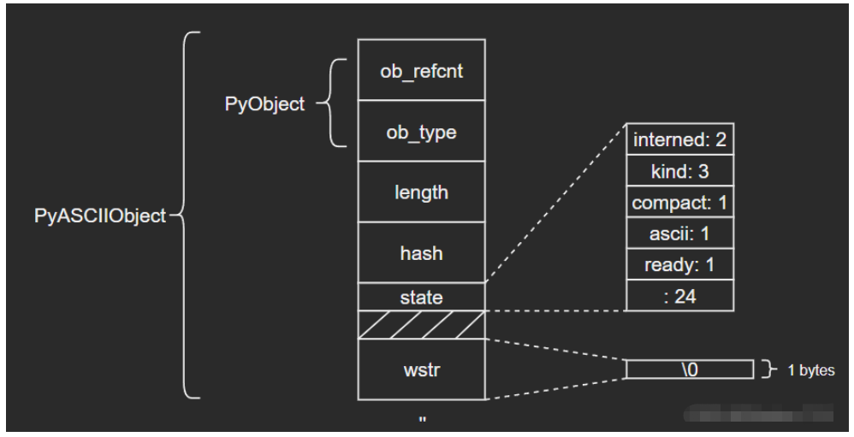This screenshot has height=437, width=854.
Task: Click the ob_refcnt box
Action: pyautogui.click(x=421, y=69)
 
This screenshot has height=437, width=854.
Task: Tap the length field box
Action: pyautogui.click(x=421, y=192)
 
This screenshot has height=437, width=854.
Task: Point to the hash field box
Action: pyautogui.click(x=421, y=253)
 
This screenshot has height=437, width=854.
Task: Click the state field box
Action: pyautogui.click(x=421, y=297)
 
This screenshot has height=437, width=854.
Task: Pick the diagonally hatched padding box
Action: pyautogui.click(x=421, y=324)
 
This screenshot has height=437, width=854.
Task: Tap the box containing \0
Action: pyautogui.click(x=690, y=369)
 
